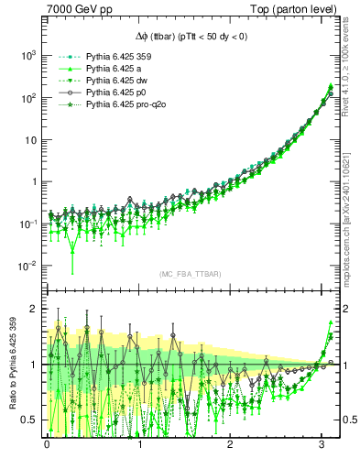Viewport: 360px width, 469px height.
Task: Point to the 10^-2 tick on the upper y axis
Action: [x=27, y=266]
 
